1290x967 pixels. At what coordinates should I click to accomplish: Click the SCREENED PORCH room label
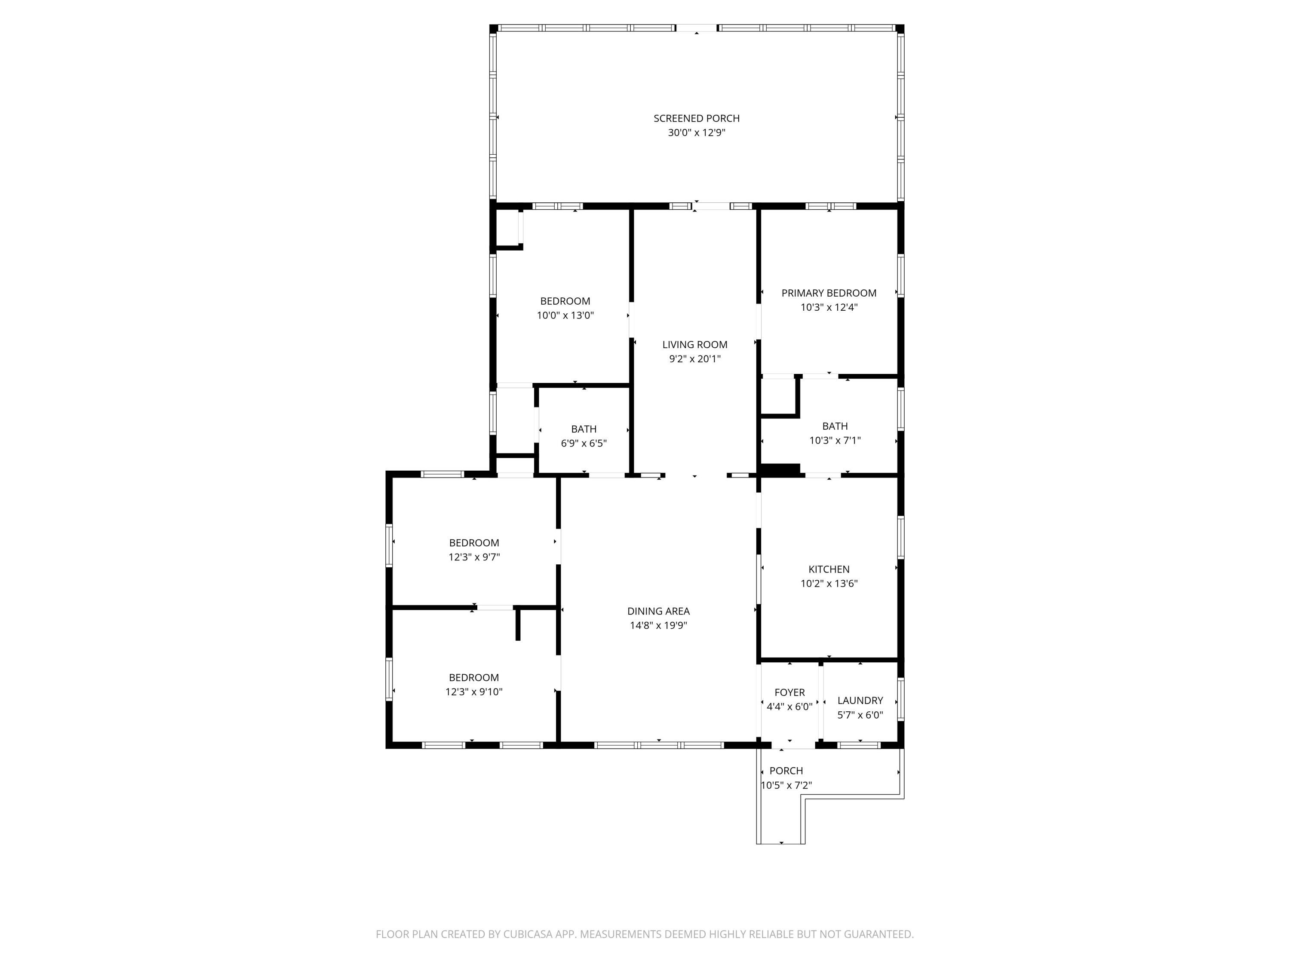pos(696,118)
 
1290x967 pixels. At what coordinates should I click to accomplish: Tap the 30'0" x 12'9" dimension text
pos(696,133)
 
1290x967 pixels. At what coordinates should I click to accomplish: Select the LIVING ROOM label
pos(694,345)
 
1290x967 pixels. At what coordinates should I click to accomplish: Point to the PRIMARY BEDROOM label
pos(829,293)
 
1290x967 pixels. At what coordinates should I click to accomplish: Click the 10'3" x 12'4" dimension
pos(829,307)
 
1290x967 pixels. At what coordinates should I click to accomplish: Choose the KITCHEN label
pos(829,569)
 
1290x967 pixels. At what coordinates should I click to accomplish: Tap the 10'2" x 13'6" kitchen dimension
pos(829,584)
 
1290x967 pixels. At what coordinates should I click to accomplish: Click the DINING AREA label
pos(658,612)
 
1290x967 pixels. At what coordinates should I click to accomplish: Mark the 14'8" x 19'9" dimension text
pos(658,625)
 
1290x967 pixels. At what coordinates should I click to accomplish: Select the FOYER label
pos(789,692)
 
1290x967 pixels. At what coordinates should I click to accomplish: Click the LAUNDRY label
pos(860,701)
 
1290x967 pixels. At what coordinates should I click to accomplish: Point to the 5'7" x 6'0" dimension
pos(860,715)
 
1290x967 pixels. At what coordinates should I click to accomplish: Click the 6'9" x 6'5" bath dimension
pos(584,444)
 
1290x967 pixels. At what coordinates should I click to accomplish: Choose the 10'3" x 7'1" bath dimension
pos(835,441)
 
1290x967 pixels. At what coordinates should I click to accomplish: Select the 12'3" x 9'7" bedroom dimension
pos(474,557)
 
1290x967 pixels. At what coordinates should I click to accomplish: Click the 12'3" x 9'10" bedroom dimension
pos(474,692)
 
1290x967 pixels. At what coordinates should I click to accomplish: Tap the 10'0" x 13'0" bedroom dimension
pos(565,315)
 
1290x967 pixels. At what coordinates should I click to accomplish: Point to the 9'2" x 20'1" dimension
pos(694,359)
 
